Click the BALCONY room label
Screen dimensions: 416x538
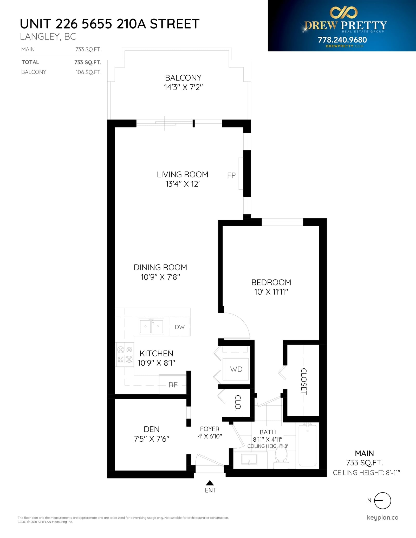(x=183, y=78)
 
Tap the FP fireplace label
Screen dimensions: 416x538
(x=231, y=175)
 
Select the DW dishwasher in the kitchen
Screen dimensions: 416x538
(x=180, y=327)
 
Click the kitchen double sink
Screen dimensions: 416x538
(x=152, y=326)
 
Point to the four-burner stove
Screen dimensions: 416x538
(x=125, y=354)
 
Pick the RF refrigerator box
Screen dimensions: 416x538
(x=173, y=385)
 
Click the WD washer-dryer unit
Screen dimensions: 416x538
(x=236, y=369)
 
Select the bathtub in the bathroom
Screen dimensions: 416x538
(x=308, y=445)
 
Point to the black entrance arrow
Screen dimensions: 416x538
(x=210, y=483)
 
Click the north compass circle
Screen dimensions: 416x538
(x=382, y=501)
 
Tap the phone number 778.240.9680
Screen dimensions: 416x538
(x=342, y=40)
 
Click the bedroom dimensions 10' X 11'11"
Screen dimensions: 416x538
(x=271, y=292)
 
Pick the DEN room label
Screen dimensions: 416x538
(x=152, y=429)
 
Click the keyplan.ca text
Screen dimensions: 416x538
(x=382, y=517)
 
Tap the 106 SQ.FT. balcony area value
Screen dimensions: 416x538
(x=88, y=72)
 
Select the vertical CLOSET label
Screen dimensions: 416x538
(x=304, y=381)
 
